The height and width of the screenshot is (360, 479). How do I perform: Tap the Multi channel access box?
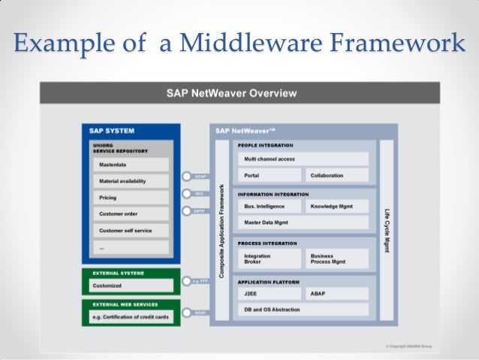click(x=303, y=159)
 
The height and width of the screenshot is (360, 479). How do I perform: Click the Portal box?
click(x=270, y=175)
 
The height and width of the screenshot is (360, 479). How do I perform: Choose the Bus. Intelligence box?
click(x=270, y=205)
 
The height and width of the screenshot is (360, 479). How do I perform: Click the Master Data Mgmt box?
click(x=303, y=222)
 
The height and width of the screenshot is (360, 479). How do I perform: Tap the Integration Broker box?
click(x=270, y=259)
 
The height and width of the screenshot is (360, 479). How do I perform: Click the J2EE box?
click(x=270, y=294)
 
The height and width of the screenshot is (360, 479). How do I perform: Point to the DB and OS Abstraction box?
click(x=303, y=310)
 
